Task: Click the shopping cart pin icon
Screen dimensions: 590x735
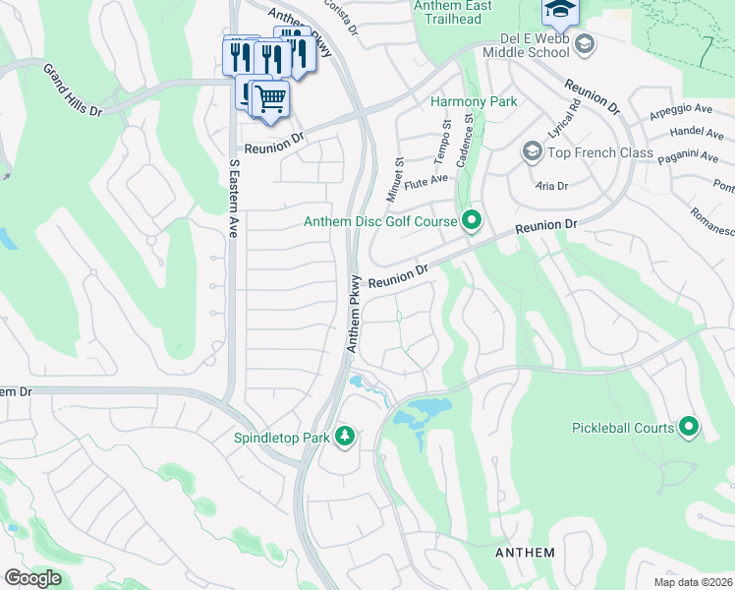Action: tap(270, 97)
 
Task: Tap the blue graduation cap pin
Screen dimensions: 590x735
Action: tap(559, 10)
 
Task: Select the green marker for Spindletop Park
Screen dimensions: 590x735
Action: tap(344, 435)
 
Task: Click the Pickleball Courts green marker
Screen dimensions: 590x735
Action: tap(689, 427)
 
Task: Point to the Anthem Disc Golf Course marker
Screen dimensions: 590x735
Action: tap(472, 220)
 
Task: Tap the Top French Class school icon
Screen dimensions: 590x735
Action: tap(532, 151)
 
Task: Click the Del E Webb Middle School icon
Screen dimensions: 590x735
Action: tap(585, 43)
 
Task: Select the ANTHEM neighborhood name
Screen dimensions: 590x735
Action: tap(525, 553)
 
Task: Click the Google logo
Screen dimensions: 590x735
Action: tap(32, 578)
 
